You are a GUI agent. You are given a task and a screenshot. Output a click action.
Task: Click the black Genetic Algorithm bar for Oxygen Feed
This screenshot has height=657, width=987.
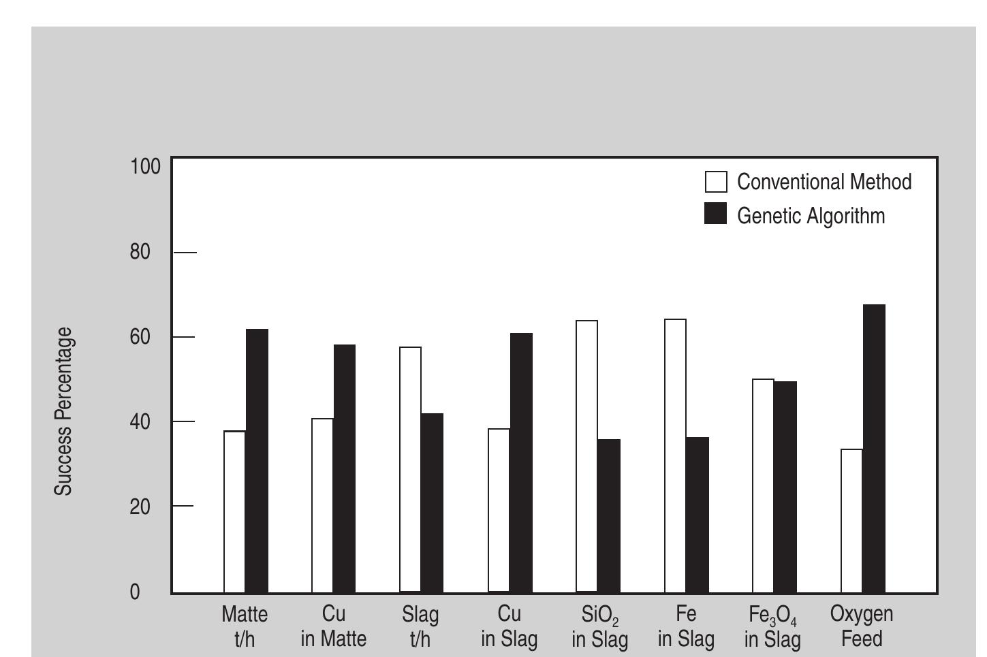873,449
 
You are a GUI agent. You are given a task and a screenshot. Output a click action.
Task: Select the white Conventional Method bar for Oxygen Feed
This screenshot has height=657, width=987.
851,521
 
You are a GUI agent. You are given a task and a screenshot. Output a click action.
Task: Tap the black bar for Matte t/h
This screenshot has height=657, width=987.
257,461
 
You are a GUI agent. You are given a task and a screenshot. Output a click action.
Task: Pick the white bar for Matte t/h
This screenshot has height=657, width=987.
235,512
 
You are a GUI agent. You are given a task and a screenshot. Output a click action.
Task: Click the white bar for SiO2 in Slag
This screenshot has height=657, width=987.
586,456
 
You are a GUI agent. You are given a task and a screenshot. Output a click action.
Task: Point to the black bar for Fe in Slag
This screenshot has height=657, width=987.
697,515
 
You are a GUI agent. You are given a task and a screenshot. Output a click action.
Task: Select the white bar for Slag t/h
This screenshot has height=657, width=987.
410,470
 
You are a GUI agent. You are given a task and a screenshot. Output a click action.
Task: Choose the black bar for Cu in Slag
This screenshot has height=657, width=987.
521,463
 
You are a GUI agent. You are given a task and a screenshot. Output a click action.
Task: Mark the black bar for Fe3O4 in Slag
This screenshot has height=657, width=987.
785,487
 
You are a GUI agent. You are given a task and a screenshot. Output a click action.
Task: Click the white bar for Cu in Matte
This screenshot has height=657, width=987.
322,505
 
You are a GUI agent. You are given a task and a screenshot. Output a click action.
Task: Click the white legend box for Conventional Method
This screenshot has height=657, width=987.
716,182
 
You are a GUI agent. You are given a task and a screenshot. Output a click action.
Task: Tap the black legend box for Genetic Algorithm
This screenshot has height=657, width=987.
716,214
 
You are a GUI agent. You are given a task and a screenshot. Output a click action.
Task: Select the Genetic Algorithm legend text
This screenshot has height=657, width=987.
811,216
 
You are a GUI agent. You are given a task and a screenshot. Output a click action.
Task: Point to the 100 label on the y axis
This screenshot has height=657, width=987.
144,166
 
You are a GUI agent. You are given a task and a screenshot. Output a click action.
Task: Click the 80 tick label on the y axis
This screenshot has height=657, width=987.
140,252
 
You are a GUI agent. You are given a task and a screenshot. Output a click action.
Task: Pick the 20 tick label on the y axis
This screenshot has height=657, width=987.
140,507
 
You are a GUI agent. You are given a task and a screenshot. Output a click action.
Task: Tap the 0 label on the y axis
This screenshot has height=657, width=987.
135,592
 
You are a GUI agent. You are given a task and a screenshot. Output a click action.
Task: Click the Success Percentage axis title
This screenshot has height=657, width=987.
63,411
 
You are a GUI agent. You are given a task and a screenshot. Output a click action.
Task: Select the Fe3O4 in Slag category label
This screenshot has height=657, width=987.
772,627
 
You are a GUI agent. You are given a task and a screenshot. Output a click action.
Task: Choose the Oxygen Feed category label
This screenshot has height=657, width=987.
861,626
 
